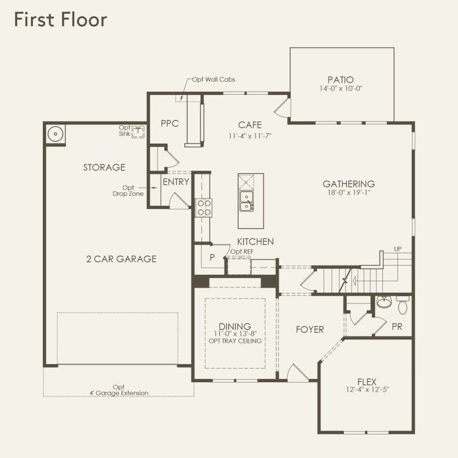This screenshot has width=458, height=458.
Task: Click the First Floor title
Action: [x=60, y=20]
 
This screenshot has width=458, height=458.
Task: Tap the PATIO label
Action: [x=341, y=80]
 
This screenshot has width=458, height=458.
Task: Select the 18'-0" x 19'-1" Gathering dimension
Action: [x=349, y=193]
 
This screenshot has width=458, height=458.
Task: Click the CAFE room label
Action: [x=250, y=125]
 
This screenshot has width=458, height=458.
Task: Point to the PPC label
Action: [x=169, y=123]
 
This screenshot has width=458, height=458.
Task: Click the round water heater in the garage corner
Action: [x=55, y=134]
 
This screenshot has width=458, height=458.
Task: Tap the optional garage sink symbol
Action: [x=138, y=132]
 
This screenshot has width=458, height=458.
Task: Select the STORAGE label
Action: [x=104, y=167]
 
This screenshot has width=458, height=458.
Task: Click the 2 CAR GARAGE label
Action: [x=121, y=259]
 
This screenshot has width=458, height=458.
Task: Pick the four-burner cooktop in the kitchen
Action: [x=203, y=208]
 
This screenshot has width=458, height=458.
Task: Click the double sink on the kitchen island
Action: [x=246, y=201]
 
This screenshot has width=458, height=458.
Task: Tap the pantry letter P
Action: [x=212, y=257]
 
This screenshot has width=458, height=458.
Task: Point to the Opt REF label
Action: [x=242, y=252]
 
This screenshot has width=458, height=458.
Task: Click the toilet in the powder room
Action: [x=403, y=304]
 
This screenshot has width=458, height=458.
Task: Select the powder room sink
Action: [x=384, y=302]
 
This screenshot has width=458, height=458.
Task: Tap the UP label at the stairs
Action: [x=398, y=249]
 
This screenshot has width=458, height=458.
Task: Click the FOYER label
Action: [x=310, y=330]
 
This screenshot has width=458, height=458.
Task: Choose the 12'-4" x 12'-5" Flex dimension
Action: [x=367, y=389]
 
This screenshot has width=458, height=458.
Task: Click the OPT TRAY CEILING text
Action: [x=235, y=341]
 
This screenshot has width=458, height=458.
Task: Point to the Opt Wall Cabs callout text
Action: [x=213, y=80]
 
